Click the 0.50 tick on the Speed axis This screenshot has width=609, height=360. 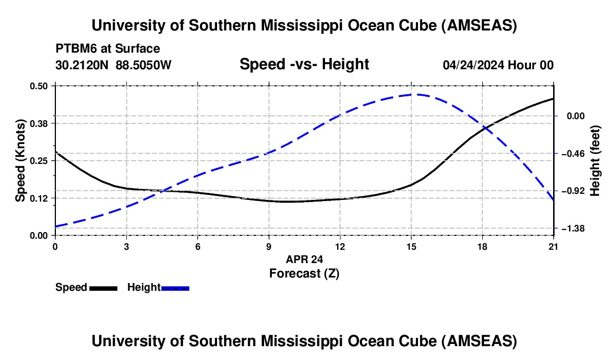coord(39,86)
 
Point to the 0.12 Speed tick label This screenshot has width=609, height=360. coord(39,198)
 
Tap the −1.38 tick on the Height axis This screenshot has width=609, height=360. coord(573,228)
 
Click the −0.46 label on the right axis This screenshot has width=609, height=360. coord(573,153)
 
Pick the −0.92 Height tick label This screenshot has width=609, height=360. coord(573,191)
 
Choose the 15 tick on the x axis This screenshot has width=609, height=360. coord(411,246)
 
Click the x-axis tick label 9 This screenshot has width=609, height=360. coord(269,246)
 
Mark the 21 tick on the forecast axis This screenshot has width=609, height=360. coord(554,246)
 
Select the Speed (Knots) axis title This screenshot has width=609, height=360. coord(20,161)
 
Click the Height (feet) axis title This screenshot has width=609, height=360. coord(596,161)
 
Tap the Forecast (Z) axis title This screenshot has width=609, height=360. coord(304,273)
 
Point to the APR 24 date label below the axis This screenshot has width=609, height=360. coord(304,259)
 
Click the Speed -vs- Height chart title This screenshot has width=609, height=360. coord(304,65)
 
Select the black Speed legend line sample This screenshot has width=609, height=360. coord(103,287)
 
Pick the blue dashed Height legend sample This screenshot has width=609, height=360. coord(175,287)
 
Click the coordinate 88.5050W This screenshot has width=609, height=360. coord(143,65)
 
